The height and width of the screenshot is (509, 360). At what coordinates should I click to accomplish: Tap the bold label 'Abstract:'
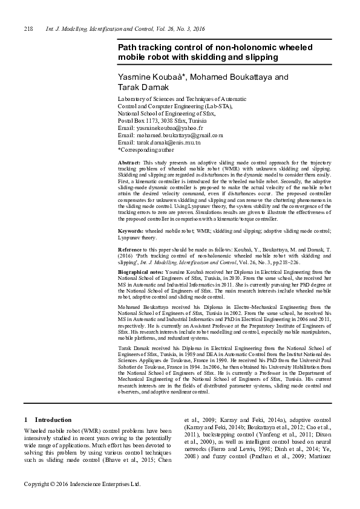(x=129, y=163)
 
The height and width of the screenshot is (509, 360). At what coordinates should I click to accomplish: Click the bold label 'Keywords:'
(x=131, y=231)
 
